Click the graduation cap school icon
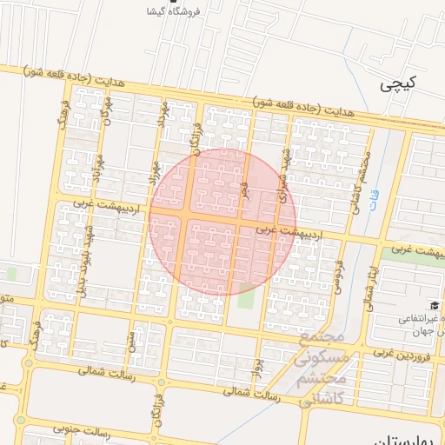click(433, 305)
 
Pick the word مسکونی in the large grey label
click(322, 356)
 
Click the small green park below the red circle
click(247, 298)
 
